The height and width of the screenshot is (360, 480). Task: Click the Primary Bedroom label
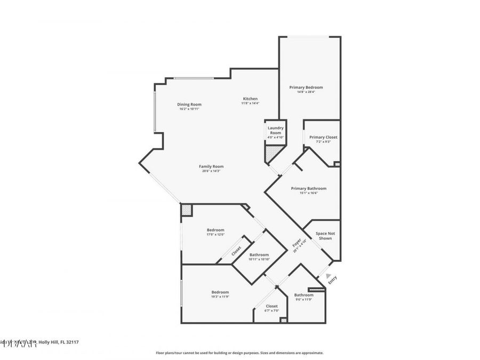coord(306,87)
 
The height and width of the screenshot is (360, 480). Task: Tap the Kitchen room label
coord(250,99)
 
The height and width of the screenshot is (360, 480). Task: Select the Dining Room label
coord(189,105)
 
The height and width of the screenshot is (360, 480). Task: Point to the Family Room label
coord(211,166)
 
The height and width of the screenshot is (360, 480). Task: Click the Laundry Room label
coord(275,130)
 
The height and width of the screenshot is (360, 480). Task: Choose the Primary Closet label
coord(323,137)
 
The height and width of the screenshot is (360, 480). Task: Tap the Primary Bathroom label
coord(308,188)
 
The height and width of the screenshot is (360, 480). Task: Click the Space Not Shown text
coord(325,236)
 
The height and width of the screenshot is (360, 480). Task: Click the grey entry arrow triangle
coord(321,275)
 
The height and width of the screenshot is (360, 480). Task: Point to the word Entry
coord(332,279)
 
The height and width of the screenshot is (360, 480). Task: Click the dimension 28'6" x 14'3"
coord(211,171)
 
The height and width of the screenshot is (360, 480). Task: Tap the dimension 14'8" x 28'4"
coord(306,92)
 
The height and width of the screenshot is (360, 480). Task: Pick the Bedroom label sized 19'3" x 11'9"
coord(220,292)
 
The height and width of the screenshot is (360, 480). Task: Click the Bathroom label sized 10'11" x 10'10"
coord(259,255)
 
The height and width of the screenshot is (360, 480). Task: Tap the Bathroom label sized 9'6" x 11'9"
coord(304,295)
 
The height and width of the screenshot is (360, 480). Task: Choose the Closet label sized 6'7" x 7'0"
coord(271,306)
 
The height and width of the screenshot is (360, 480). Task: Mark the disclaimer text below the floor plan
coord(239,353)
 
